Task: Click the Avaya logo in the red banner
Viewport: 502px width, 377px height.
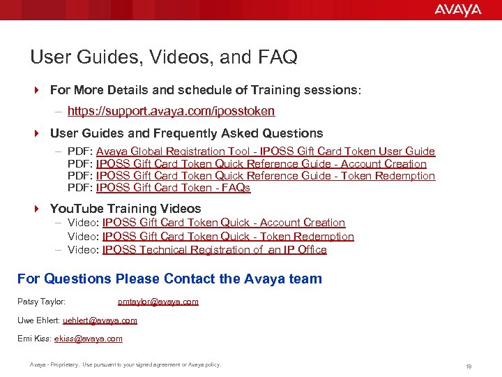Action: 457,10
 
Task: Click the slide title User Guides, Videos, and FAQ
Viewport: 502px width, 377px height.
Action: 164,57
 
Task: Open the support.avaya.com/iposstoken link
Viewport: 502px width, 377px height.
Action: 171,111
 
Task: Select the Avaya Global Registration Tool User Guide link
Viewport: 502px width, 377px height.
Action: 265,151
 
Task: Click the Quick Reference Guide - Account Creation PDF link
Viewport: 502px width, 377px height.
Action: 261,164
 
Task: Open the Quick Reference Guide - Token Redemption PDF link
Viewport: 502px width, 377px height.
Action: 265,176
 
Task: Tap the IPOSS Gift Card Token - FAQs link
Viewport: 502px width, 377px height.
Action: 173,188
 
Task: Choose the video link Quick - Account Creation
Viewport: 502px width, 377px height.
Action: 223,223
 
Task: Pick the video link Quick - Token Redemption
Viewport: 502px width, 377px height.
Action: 228,237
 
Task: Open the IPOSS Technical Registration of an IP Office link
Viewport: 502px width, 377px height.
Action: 214,250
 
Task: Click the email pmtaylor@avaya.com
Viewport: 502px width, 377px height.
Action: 158,302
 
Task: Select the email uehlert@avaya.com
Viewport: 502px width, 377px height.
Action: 100,320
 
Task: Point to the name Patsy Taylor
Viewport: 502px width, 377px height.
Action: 41,302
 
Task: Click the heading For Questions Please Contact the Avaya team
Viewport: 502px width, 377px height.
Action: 169,279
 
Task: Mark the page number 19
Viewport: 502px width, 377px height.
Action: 469,366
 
